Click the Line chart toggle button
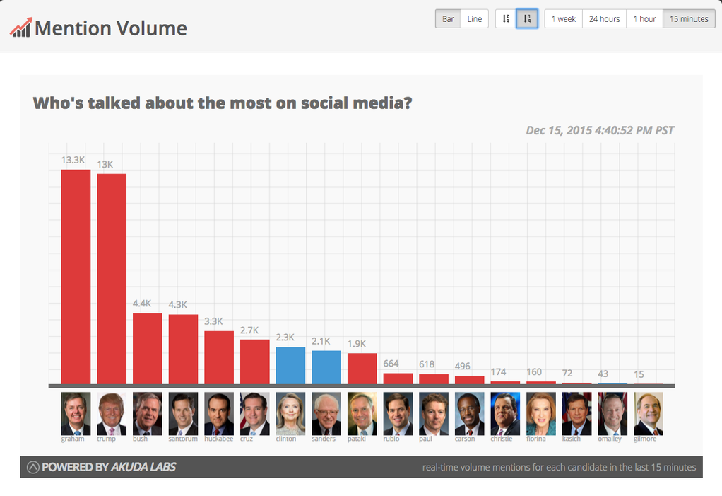(x=475, y=19)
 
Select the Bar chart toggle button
(x=448, y=19)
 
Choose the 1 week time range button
(x=563, y=19)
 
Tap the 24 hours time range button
(x=604, y=19)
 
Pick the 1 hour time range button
(x=644, y=19)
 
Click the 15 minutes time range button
(x=689, y=19)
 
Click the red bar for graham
(x=76, y=277)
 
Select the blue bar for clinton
(x=290, y=366)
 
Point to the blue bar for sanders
(x=326, y=367)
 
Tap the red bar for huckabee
(x=219, y=357)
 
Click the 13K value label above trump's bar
(x=105, y=164)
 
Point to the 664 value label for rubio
(x=391, y=364)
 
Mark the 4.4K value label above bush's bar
(x=142, y=304)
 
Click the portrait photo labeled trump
(x=112, y=413)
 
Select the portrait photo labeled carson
(x=469, y=413)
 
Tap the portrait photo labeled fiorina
(x=540, y=413)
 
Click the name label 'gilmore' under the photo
(x=645, y=439)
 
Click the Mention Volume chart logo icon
(x=20, y=28)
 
